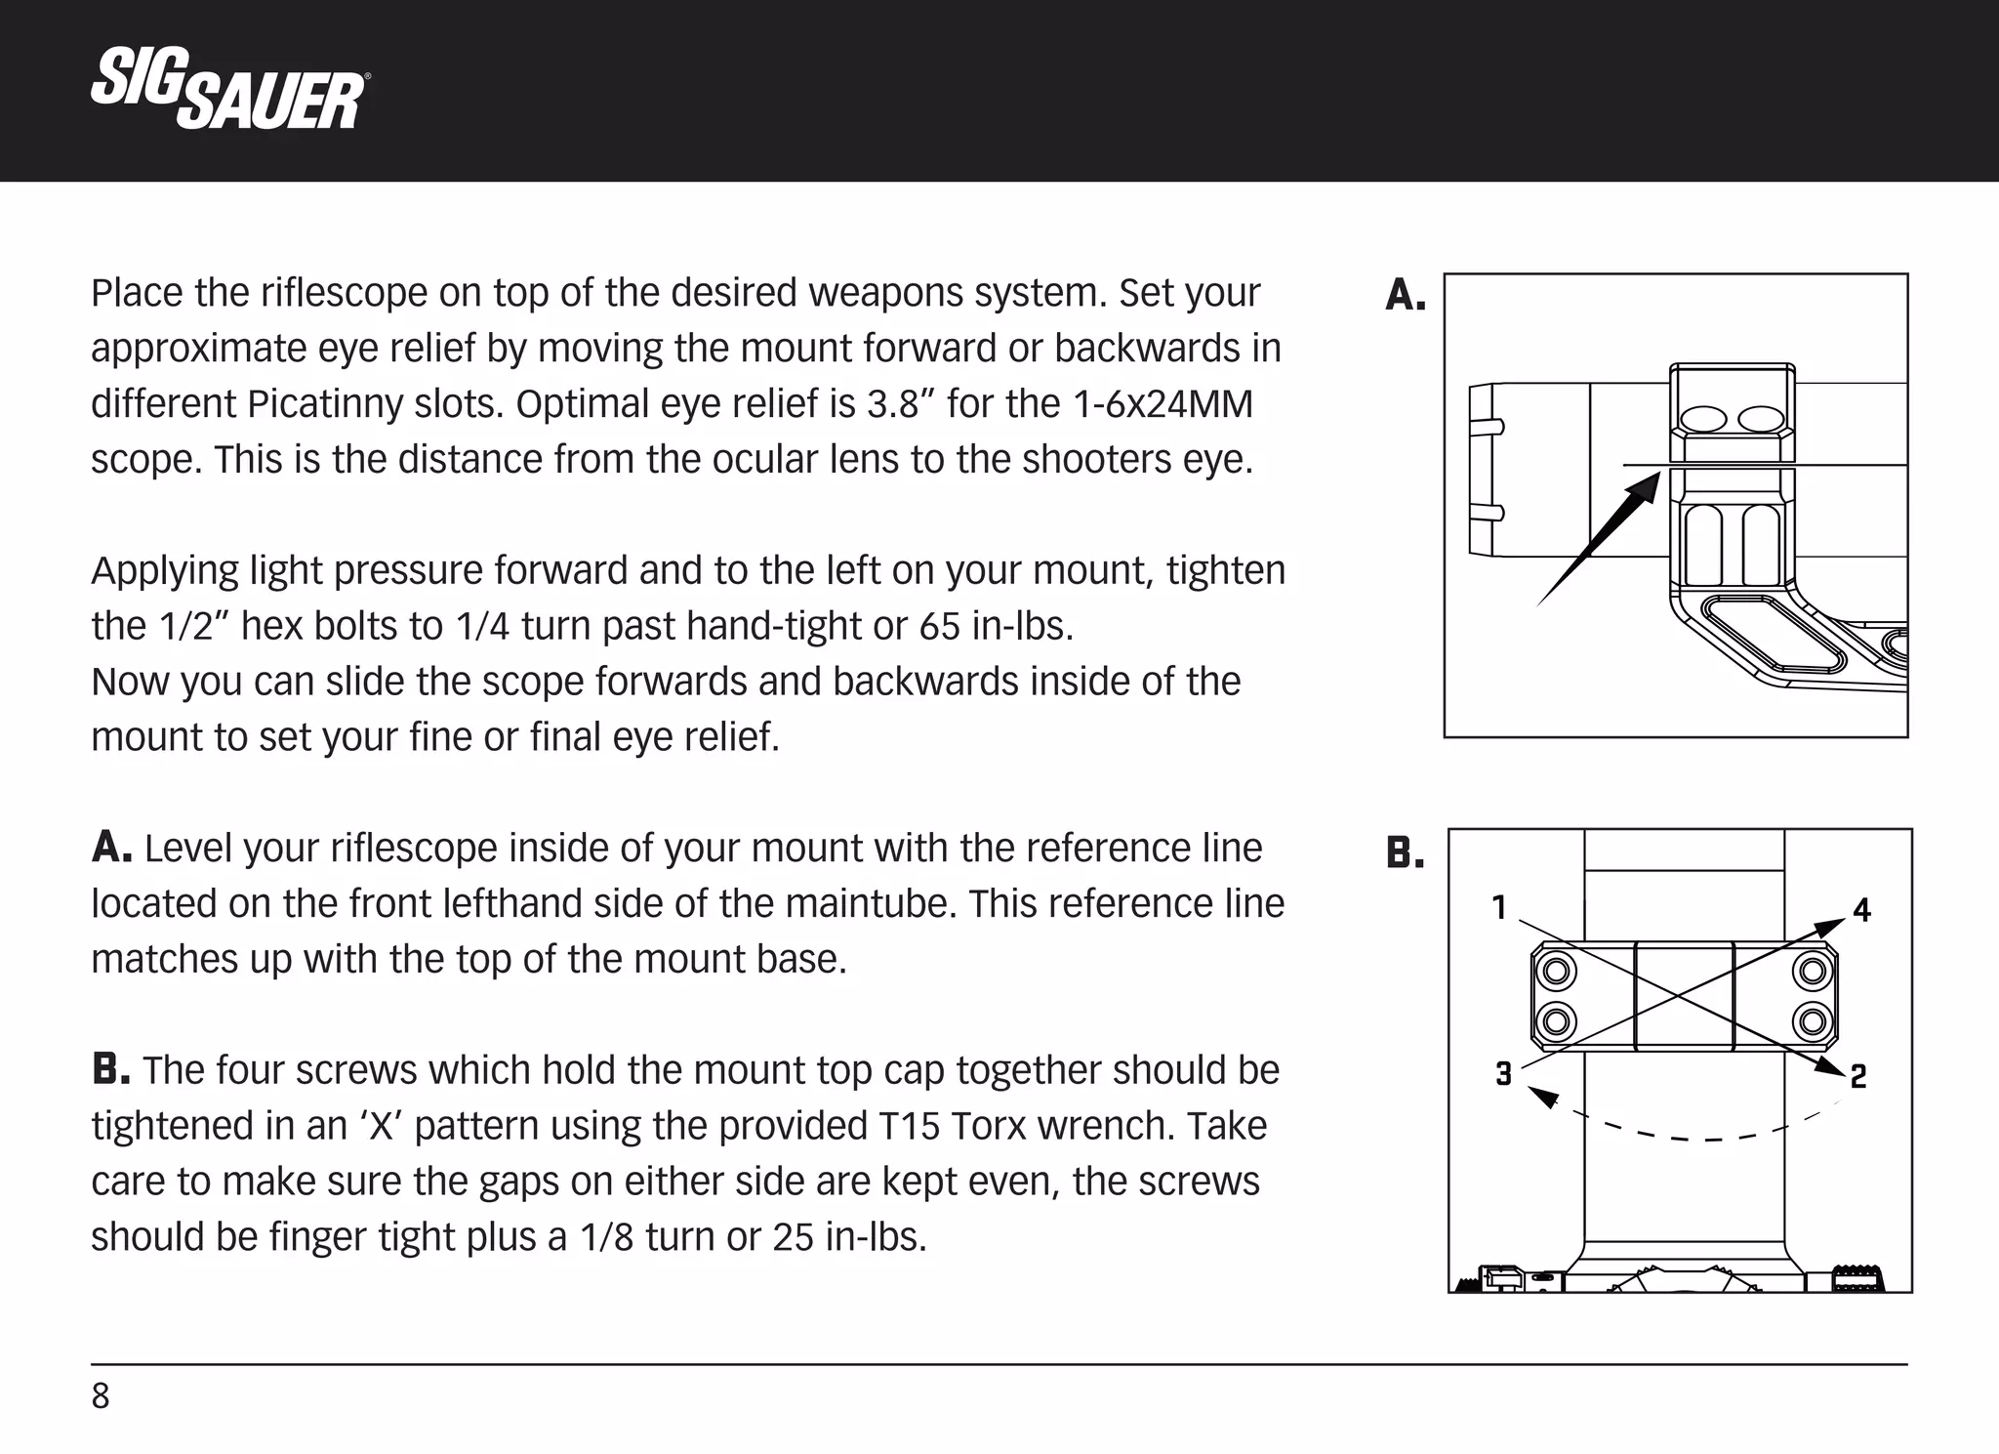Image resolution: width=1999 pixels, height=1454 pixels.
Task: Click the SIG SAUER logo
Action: click(x=228, y=90)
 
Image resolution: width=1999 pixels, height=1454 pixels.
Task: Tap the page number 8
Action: click(x=101, y=1396)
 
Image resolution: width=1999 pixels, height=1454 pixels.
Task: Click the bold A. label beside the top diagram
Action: click(x=1406, y=295)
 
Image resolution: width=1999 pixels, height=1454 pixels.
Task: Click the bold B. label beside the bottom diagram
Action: click(x=1406, y=853)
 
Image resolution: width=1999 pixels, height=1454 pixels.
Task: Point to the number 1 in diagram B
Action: click(x=1500, y=908)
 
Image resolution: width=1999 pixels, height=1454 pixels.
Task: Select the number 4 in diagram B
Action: click(x=1861, y=911)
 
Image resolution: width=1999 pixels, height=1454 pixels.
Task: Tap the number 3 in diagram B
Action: click(x=1503, y=1074)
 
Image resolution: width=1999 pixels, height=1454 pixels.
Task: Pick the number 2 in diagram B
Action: click(x=1858, y=1076)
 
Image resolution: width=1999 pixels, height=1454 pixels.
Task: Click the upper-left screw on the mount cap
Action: click(x=1556, y=972)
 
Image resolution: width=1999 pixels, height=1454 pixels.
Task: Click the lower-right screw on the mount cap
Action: click(x=1813, y=1021)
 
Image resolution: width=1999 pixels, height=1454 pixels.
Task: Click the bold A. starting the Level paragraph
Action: click(x=111, y=848)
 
